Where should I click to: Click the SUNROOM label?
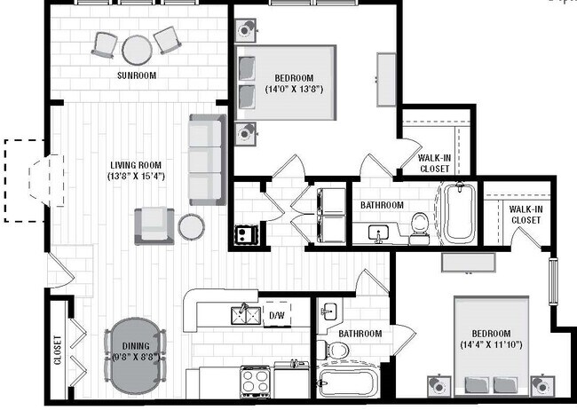pos(137,76)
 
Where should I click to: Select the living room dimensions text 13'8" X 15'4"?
pos(137,176)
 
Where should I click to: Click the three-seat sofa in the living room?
pos(205,160)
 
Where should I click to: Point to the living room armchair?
pos(153,225)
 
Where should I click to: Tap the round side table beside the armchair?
pos(191,227)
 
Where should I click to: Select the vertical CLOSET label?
pos(58,350)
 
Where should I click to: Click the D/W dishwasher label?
pos(276,315)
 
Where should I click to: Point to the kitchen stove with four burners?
pos(256,382)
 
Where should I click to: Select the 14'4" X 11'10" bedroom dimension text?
pos(492,343)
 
